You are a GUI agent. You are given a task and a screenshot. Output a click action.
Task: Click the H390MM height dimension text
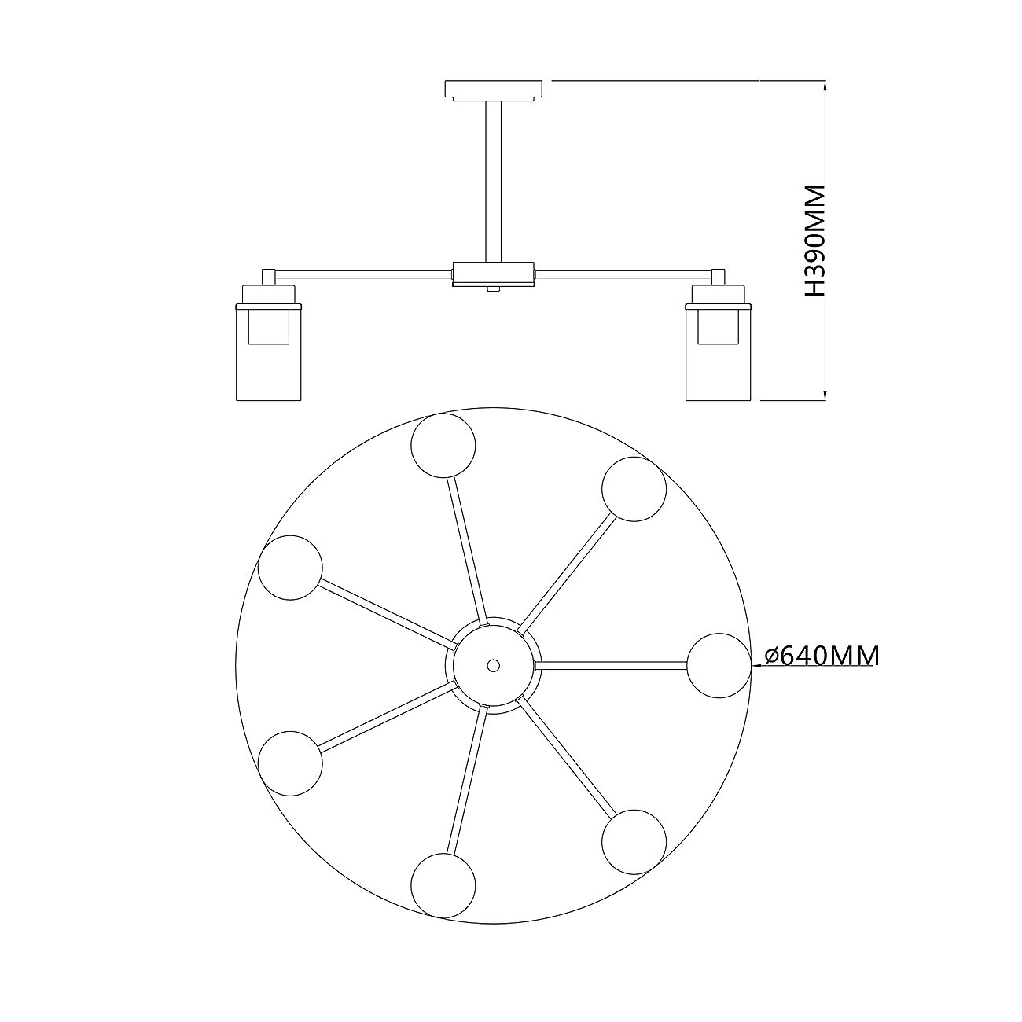[x=815, y=248]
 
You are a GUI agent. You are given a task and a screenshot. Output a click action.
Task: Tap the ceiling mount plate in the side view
[x=493, y=90]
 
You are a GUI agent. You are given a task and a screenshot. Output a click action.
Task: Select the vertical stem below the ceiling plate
[x=493, y=181]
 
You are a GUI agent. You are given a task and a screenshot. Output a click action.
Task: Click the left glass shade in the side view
[x=268, y=352]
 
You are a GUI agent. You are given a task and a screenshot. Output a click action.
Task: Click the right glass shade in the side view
[x=719, y=352]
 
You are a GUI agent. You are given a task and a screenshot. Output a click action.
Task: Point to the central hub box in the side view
[x=493, y=274]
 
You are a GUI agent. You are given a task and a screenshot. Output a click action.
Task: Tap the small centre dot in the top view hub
[x=493, y=664]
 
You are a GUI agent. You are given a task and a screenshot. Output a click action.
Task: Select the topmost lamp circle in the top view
[x=443, y=446]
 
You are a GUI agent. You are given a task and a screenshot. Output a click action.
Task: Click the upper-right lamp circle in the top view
[x=634, y=489]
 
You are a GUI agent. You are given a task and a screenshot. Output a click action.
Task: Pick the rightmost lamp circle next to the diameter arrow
[x=719, y=665]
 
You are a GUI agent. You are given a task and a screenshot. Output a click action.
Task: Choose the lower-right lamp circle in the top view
[x=634, y=842]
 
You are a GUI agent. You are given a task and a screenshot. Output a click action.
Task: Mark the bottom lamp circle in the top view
[x=443, y=886]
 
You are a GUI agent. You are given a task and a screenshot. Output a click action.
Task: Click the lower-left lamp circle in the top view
[x=290, y=763]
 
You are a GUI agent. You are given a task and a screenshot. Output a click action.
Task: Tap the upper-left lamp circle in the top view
[x=290, y=568]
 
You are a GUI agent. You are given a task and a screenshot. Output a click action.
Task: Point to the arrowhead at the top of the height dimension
[x=825, y=85]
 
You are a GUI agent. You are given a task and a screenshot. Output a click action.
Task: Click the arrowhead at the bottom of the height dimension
[x=825, y=395]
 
